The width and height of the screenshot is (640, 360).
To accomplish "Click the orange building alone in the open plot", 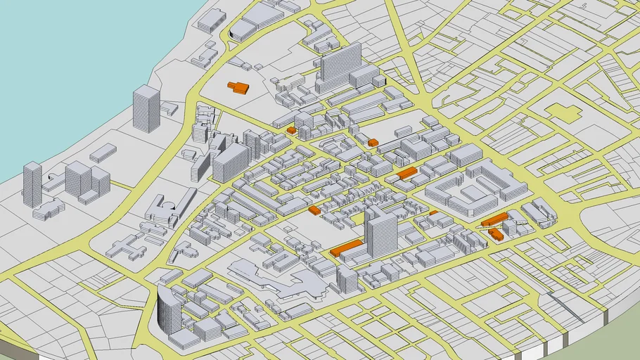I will click(x=238, y=87).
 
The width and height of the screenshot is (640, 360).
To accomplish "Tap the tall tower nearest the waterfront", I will click(x=146, y=108).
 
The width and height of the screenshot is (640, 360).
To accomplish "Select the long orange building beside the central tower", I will click(x=347, y=247).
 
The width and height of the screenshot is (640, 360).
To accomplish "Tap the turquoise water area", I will click(x=70, y=56).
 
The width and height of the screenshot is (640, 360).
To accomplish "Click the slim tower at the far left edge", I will click(x=32, y=184).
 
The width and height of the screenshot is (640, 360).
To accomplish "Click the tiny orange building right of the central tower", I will click(x=434, y=212).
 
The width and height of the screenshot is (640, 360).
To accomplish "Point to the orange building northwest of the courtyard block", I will click(x=407, y=172).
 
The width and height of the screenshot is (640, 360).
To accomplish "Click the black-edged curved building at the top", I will click(x=243, y=30).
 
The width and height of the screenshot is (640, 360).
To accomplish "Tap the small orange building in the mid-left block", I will click(x=314, y=210).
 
